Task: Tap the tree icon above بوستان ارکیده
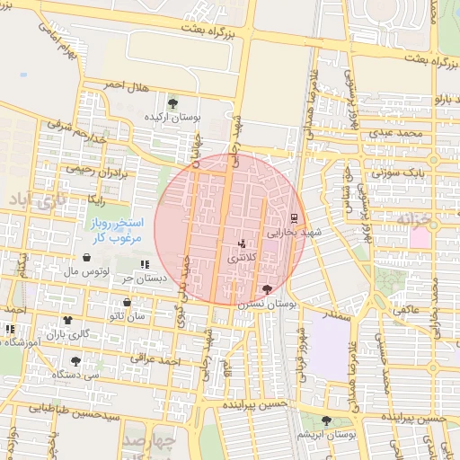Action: click(x=172, y=103)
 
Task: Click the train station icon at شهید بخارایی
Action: click(x=293, y=217)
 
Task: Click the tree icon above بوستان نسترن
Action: click(x=267, y=289)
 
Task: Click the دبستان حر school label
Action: click(x=146, y=278)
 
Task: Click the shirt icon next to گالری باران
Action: click(x=67, y=321)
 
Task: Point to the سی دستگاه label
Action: click(x=82, y=373)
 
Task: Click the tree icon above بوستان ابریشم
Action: click(x=325, y=420)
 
